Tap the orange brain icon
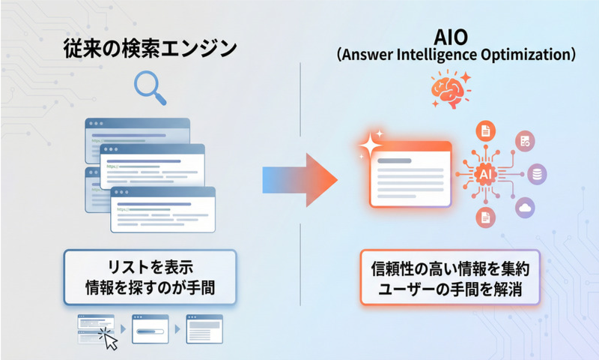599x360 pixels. [451, 90]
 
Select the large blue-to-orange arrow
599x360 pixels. [299, 180]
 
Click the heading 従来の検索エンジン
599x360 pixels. [150, 49]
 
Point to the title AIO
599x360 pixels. [451, 37]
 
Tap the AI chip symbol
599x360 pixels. [485, 175]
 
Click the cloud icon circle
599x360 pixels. [525, 208]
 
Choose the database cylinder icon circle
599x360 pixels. [537, 174]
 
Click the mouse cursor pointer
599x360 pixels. [110, 340]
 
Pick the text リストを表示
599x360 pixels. [150, 267]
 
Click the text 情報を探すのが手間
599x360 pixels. [150, 287]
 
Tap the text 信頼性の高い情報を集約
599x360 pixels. [450, 268]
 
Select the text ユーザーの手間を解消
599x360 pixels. [450, 289]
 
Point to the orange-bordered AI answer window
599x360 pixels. [410, 175]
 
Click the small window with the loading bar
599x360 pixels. [150, 328]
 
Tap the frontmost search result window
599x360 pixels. [162, 210]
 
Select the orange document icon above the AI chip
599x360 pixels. [485, 131]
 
